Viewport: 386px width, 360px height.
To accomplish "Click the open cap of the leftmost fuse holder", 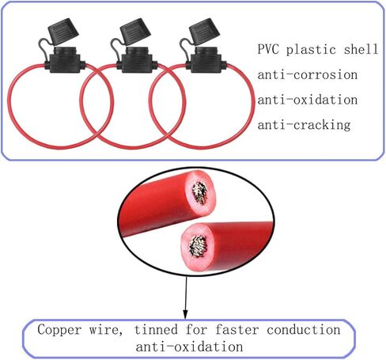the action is (63, 30).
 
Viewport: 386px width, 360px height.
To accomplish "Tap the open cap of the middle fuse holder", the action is (135, 30).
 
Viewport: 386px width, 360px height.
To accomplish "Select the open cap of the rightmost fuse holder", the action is (205, 30).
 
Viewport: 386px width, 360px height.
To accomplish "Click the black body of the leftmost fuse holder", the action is (65, 60).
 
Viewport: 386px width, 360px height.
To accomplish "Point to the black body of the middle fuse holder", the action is (137, 60).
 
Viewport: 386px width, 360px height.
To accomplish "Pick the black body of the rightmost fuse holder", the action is (206, 60).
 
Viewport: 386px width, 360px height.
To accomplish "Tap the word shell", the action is (361, 49).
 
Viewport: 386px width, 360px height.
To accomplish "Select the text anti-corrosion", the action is (308, 74).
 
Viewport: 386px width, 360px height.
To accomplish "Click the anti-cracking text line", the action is (304, 125).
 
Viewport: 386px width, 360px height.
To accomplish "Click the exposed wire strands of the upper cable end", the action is (200, 192).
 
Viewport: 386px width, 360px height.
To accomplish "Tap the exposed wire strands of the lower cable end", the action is (198, 246).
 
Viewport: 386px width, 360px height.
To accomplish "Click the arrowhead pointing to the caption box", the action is (185, 314).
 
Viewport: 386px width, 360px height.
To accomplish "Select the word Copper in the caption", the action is (59, 330).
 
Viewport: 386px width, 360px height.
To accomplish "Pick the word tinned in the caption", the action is (156, 330).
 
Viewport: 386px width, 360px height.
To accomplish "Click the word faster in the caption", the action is (237, 330).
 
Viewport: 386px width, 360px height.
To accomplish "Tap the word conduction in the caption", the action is (304, 330).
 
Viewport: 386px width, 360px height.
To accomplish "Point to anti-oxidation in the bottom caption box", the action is (189, 347).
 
